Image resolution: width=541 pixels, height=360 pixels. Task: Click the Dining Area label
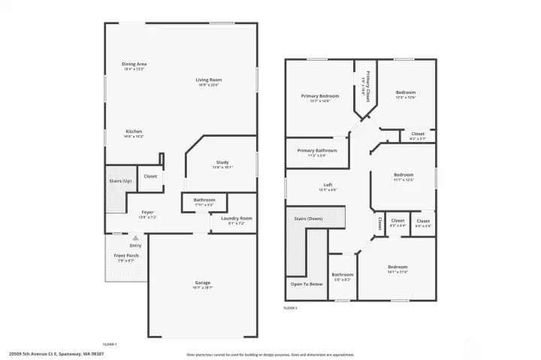point(134,65)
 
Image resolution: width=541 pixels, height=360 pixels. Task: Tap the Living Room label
point(209,80)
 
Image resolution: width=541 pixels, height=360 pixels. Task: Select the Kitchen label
point(134,132)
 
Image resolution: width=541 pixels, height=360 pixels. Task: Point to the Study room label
point(222,162)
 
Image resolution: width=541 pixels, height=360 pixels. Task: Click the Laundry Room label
point(236,219)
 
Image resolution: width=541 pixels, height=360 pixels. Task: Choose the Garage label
point(203,283)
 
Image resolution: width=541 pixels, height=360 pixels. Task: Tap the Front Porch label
point(126,256)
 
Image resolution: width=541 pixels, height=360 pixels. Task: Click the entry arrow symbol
point(135,238)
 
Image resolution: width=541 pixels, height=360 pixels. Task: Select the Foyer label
point(147,213)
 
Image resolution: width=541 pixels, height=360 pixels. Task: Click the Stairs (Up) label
point(121,181)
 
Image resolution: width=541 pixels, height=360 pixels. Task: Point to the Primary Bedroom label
point(320,96)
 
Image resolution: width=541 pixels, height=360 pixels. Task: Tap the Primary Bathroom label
point(317,151)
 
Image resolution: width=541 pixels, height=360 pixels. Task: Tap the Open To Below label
point(307,284)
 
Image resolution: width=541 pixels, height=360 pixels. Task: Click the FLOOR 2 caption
point(290,308)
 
